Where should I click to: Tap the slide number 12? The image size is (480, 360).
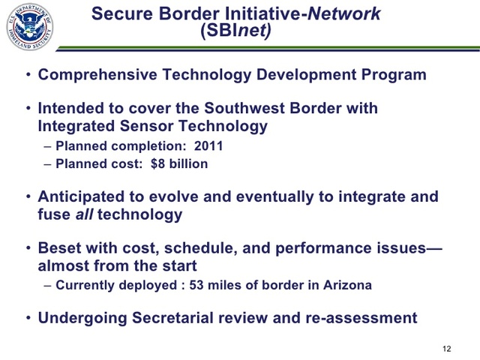pyautogui.click(x=447, y=349)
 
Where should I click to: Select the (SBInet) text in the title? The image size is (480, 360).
pyautogui.click(x=236, y=31)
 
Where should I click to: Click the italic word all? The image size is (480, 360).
pyautogui.click(x=84, y=214)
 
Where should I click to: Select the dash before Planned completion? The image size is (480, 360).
pyautogui.click(x=49, y=146)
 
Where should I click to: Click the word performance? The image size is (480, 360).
pyautogui.click(x=329, y=248)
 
